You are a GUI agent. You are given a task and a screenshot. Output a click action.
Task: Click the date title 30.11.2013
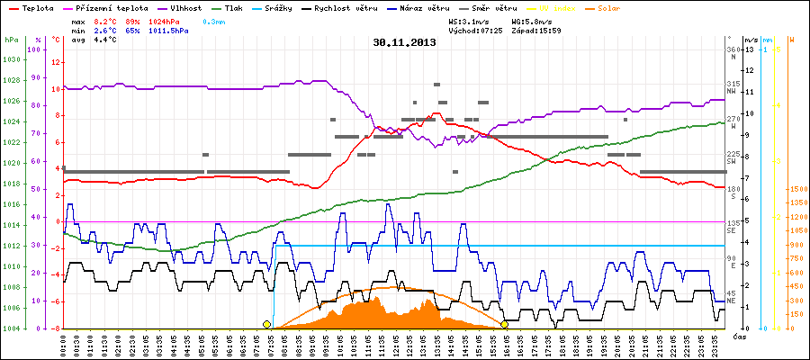(404, 42)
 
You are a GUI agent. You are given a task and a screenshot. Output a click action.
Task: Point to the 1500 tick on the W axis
(797, 190)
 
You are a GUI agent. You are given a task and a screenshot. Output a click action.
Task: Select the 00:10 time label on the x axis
(64, 345)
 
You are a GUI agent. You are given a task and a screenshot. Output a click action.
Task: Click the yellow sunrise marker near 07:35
(266, 324)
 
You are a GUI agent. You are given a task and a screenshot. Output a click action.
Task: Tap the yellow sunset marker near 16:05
(505, 324)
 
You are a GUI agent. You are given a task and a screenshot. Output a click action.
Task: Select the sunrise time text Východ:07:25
(475, 31)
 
